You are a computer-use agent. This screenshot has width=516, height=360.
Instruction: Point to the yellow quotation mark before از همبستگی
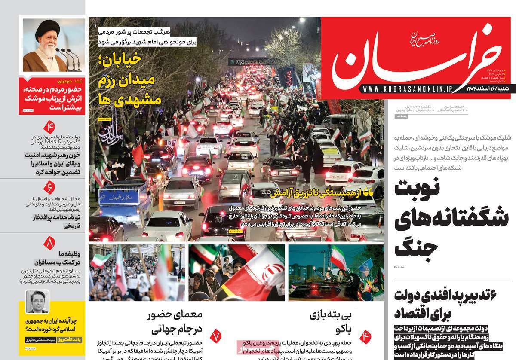pyautogui.click(x=368, y=194)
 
